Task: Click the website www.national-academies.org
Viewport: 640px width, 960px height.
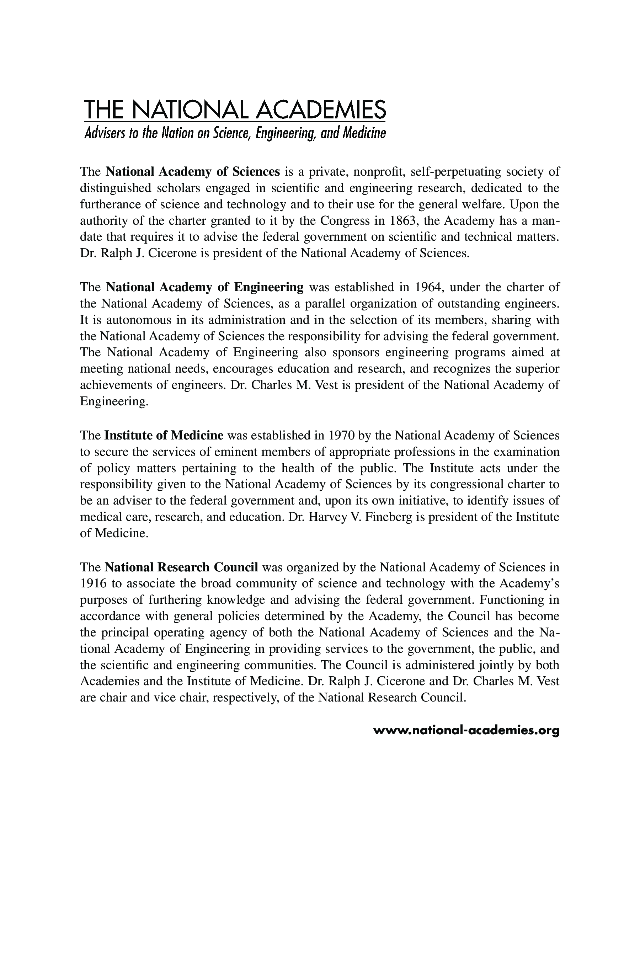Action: click(466, 730)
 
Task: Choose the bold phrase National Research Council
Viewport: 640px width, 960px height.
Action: click(182, 567)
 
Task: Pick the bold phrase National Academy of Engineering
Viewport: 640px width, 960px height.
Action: click(204, 287)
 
